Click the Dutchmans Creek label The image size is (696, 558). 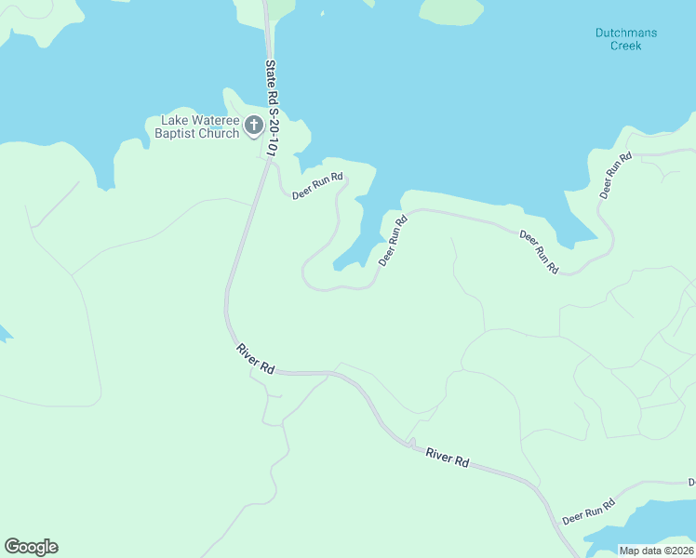[626, 39]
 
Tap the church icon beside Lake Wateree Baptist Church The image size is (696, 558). [254, 126]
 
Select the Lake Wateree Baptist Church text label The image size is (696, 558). [199, 126]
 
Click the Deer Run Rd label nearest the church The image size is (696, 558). [317, 186]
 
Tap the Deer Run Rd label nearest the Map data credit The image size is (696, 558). [588, 511]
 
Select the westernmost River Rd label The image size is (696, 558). [255, 359]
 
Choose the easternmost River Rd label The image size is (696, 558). [448, 457]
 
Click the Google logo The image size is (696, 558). [31, 547]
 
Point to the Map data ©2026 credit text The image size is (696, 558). [656, 551]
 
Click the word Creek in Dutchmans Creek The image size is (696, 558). [626, 46]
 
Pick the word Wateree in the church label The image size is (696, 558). [217, 120]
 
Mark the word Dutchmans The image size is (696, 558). [626, 33]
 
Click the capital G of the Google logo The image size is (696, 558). [12, 547]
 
